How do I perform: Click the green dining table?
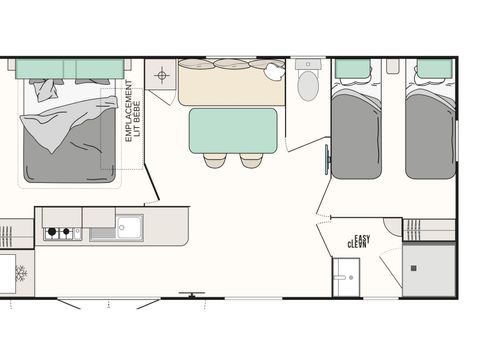click(x=233, y=130)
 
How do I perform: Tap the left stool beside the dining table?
click(x=215, y=160)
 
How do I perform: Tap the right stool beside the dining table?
click(x=250, y=160)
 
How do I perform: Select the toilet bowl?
click(x=308, y=85)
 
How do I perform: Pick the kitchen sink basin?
click(x=128, y=225)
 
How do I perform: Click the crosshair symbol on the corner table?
click(x=161, y=75)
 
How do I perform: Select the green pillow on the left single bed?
click(x=352, y=69)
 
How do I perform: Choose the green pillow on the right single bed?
click(x=434, y=69)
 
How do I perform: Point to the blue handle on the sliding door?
click(x=326, y=159)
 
